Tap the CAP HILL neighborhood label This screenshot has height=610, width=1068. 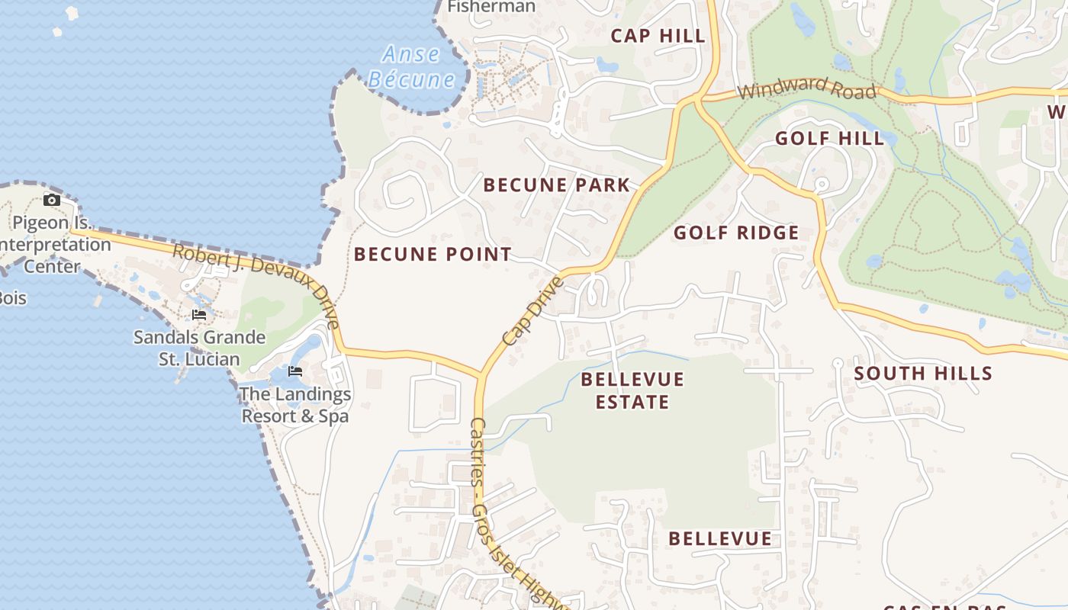[658, 35]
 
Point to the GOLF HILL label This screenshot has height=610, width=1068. [830, 138]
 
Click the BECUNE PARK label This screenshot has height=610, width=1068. [557, 185]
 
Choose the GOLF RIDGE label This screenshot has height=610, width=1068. [736, 233]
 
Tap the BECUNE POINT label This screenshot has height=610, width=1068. [433, 255]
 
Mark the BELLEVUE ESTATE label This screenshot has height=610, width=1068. [632, 390]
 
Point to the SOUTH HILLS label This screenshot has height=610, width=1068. [923, 373]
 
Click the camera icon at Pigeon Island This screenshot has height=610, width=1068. [52, 201]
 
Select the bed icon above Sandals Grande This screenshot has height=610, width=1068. [199, 314]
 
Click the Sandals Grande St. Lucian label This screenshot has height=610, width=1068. [199, 348]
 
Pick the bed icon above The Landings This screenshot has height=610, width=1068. [295, 371]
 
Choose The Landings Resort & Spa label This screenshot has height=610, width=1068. [295, 405]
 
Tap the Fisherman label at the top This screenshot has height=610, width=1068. [491, 6]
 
